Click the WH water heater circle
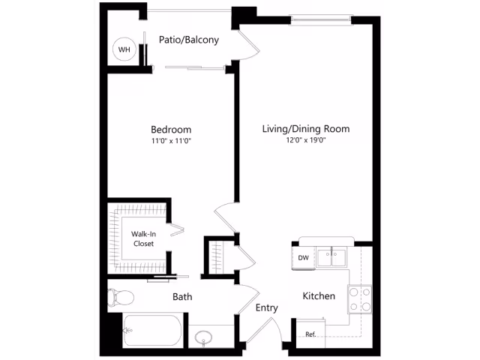(x=124, y=49)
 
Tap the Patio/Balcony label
(x=189, y=40)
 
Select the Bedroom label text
(x=171, y=130)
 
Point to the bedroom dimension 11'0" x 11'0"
(x=171, y=141)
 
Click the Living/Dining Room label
(x=306, y=129)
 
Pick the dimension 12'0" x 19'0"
(x=306, y=140)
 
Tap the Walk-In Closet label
(x=143, y=238)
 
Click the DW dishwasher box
(x=303, y=258)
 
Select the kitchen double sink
(x=331, y=258)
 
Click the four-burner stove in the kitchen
(x=360, y=299)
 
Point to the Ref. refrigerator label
(x=310, y=334)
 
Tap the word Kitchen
(x=319, y=296)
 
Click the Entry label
(x=267, y=307)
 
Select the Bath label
(x=182, y=297)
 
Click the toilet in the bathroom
(x=121, y=297)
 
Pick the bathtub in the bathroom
(x=152, y=331)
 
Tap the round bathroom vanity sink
(x=203, y=337)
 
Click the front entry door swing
(x=267, y=328)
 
